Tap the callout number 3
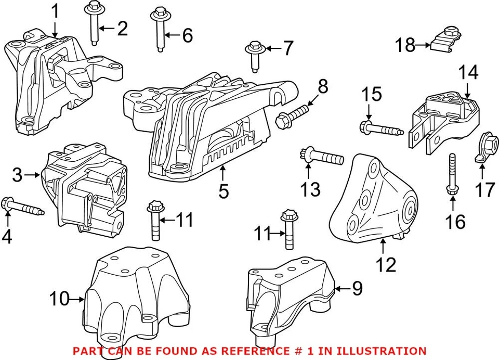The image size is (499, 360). point(17,175)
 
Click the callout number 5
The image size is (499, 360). point(224,191)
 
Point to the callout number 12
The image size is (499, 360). point(386,265)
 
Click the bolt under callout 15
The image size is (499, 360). point(381,127)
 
